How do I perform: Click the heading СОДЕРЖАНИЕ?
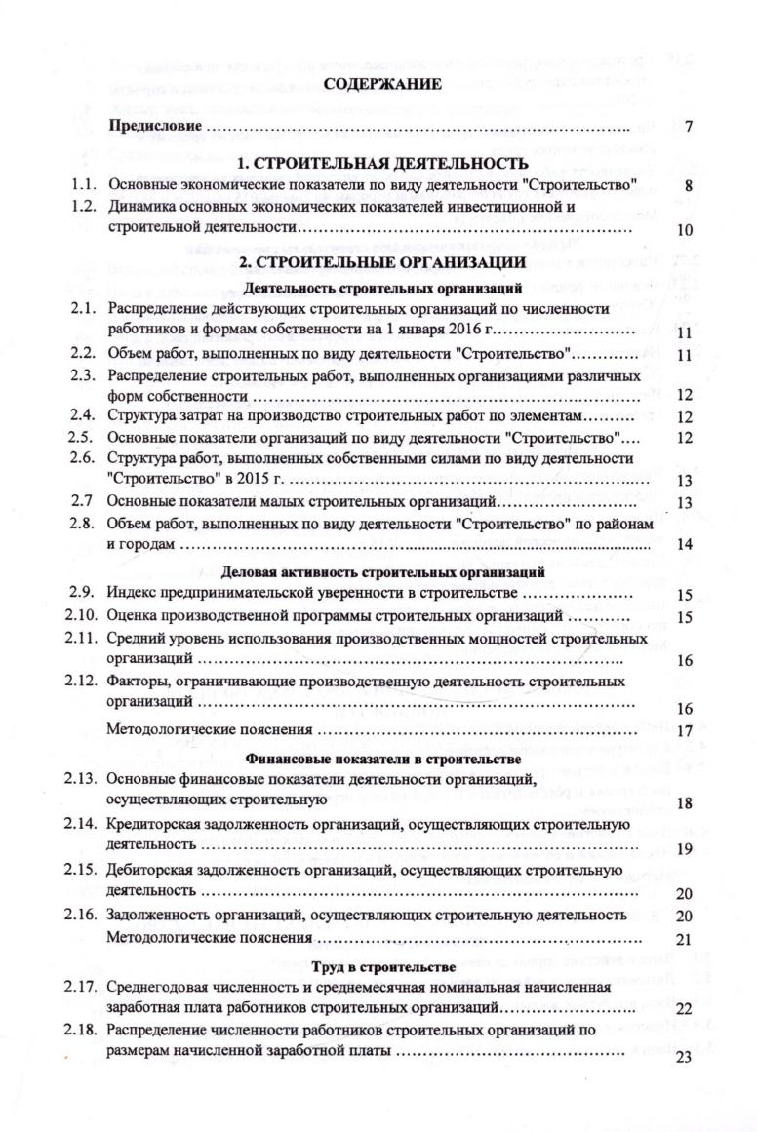[383, 85]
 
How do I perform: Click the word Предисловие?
[155, 126]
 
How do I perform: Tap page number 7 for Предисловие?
[688, 127]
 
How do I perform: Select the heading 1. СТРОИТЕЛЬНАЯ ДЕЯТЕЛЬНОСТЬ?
[383, 163]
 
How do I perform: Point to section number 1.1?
[83, 183]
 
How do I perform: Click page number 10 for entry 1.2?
[684, 231]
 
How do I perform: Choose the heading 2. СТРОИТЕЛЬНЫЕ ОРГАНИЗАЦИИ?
[383, 263]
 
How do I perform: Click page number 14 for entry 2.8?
[684, 544]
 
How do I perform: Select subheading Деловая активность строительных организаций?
[383, 570]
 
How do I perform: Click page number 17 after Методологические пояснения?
[684, 731]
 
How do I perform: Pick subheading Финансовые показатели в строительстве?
[383, 758]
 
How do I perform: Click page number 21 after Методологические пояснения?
[684, 940]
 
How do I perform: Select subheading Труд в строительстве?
[383, 966]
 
